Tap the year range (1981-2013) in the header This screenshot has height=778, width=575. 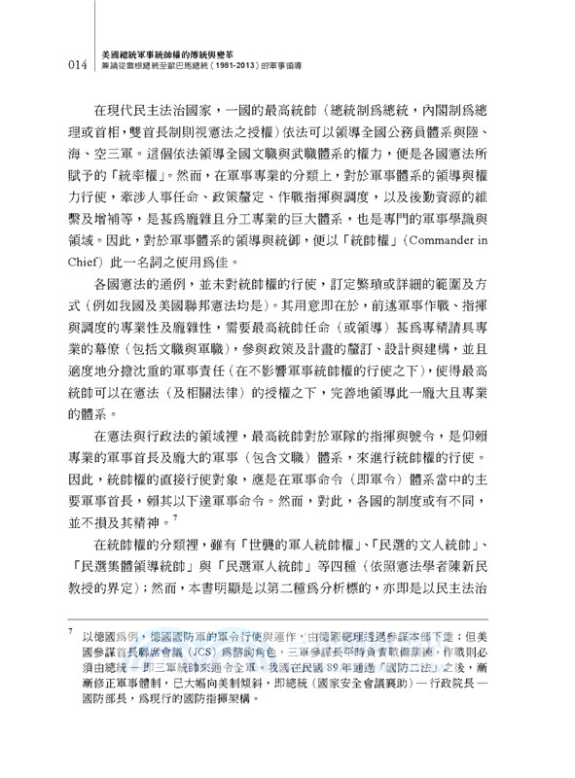[308, 70]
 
